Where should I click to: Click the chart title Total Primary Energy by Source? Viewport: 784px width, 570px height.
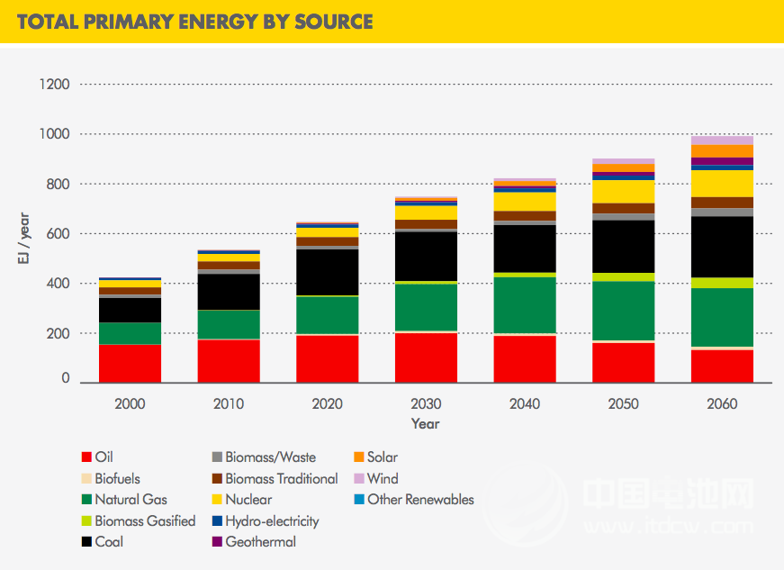194,22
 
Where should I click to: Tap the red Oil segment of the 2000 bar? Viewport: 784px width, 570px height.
131,363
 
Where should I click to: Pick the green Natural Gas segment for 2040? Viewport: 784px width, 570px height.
525,304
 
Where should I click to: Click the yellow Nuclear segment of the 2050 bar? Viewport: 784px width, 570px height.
623,192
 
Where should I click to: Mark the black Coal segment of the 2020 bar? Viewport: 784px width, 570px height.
328,272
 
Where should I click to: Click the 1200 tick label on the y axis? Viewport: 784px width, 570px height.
55,85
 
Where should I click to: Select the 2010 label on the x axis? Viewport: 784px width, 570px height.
229,403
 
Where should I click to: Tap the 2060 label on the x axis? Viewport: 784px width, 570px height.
722,403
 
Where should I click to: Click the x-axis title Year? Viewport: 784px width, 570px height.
426,423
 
